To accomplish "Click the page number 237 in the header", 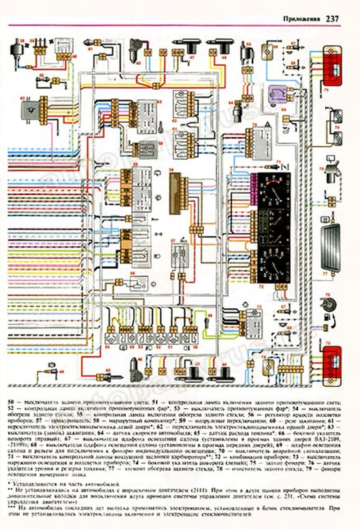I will click(x=332, y=19).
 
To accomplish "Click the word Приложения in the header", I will click(x=302, y=19).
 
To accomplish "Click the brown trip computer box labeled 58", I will click(x=174, y=193).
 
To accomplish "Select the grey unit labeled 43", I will click(x=30, y=110).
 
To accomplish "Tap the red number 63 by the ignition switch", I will click(x=159, y=102).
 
